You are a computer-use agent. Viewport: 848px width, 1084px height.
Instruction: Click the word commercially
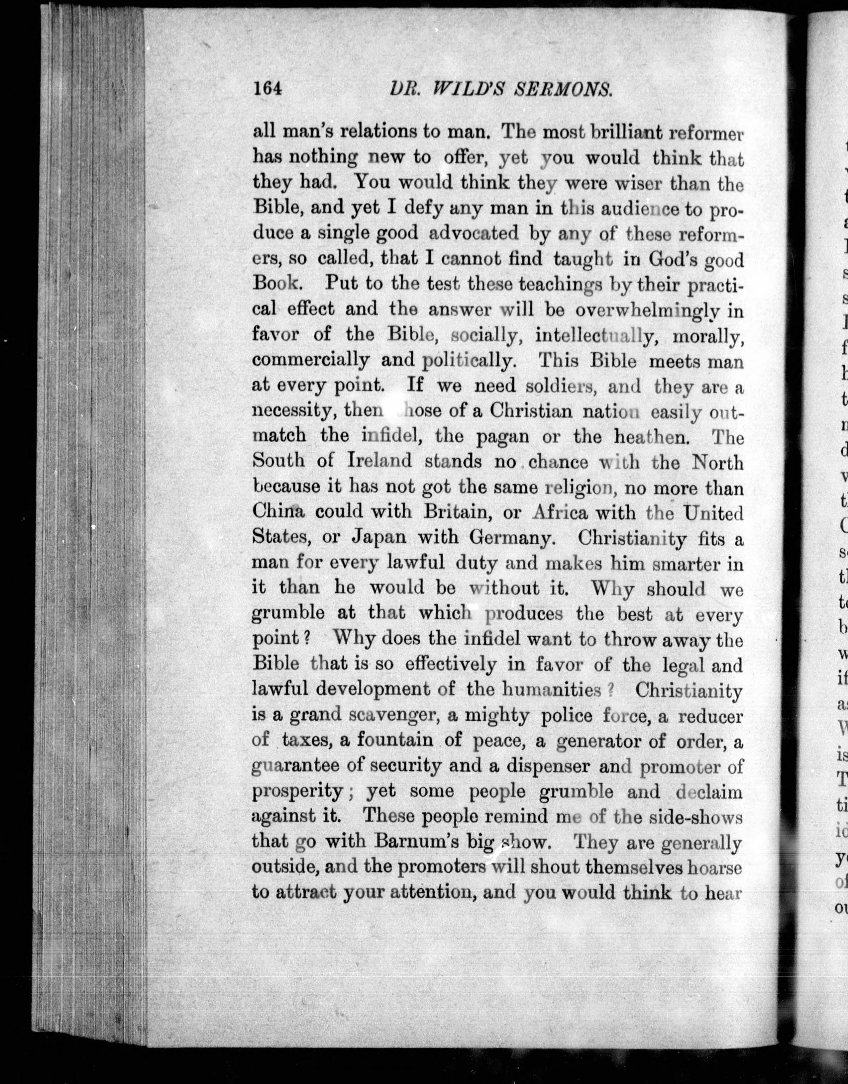coord(311,360)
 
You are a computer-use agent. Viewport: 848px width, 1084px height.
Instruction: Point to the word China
coord(278,511)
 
